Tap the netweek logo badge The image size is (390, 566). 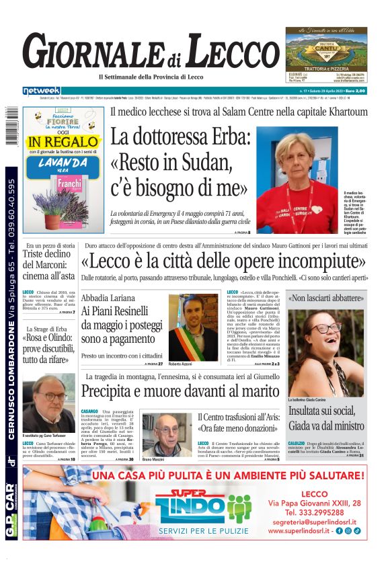(41, 91)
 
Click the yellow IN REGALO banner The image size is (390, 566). (63, 142)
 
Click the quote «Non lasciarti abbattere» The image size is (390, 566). (326, 298)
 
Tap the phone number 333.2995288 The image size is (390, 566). (316, 511)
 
